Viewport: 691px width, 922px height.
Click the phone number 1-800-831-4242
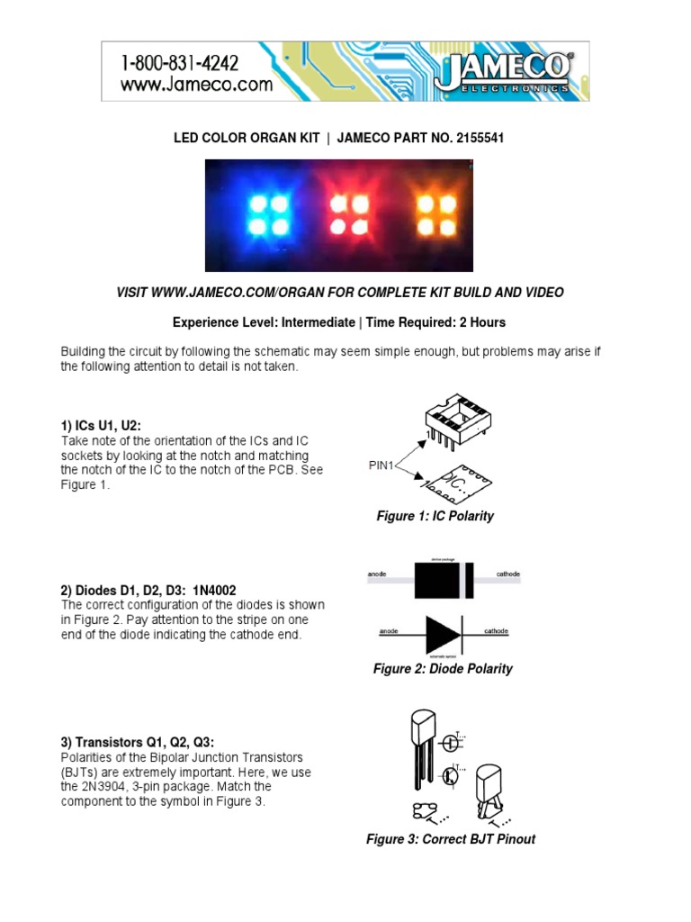[x=180, y=63]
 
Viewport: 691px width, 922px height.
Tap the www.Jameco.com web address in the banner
[x=195, y=85]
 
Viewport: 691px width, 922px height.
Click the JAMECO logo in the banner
[x=503, y=71]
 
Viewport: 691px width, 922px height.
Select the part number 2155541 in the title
[x=486, y=138]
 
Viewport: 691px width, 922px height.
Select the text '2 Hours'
[x=481, y=322]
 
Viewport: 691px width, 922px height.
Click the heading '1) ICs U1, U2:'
[x=101, y=425]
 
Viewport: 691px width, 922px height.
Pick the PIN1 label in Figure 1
[x=382, y=466]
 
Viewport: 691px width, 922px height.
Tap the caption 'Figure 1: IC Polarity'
[x=435, y=516]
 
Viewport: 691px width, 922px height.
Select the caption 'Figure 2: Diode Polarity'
[x=443, y=669]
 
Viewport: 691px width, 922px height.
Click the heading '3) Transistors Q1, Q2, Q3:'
[x=138, y=742]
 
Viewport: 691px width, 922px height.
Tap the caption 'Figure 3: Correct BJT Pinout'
[x=450, y=839]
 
